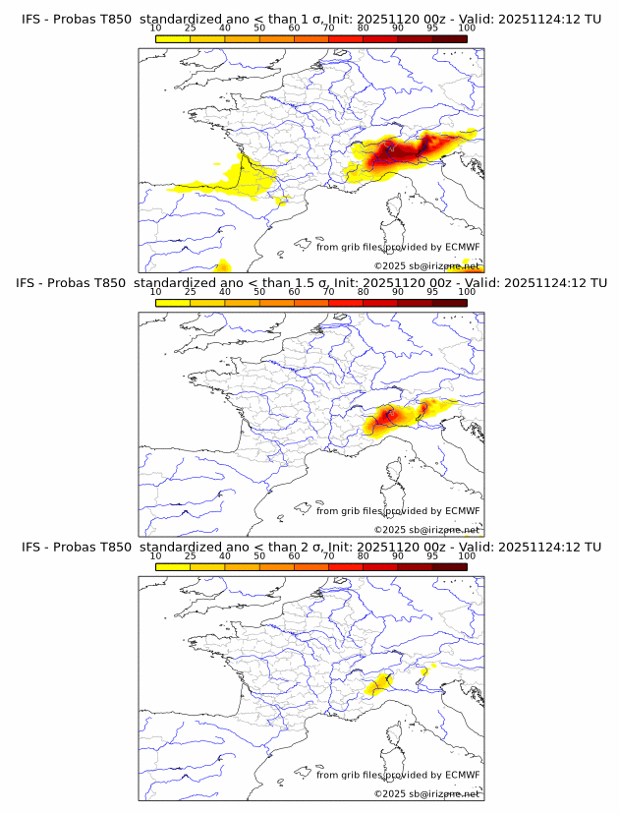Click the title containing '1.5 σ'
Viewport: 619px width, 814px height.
310,283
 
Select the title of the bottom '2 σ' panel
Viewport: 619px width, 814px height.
310,547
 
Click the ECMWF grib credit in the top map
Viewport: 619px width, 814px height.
398,247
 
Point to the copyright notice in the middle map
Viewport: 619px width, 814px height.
426,529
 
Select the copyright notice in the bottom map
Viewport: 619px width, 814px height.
426,793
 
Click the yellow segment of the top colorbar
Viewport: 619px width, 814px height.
173,38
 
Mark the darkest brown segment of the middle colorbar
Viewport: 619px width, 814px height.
449,303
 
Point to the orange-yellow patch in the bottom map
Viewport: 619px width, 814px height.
378,684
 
